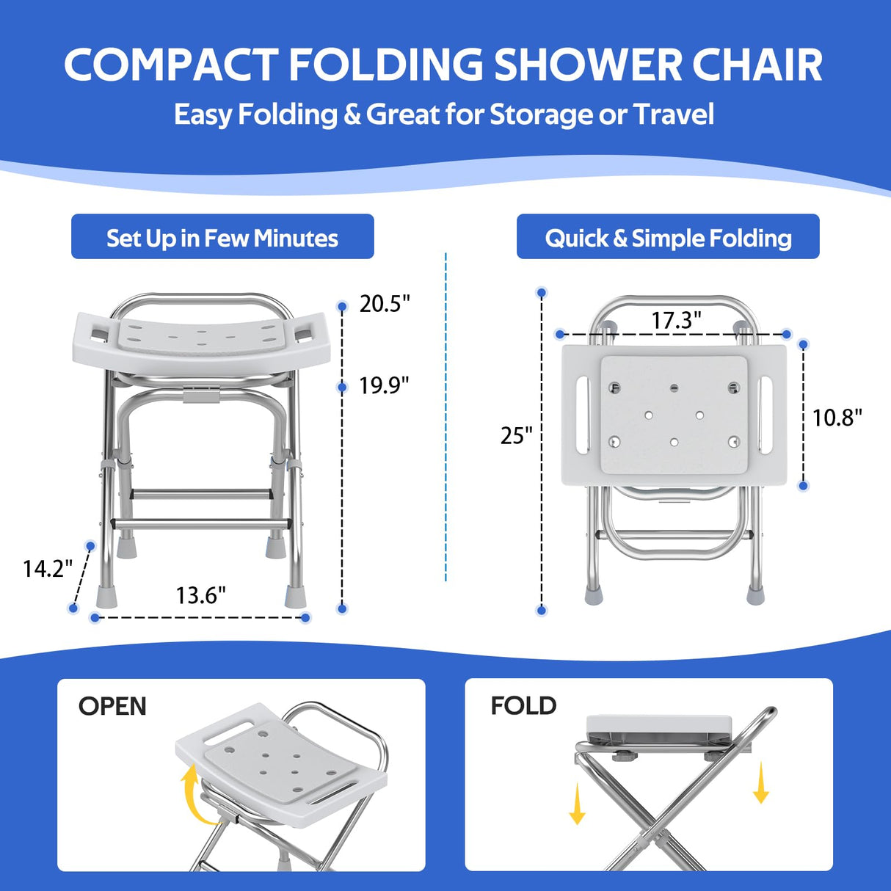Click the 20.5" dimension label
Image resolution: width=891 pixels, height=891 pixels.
[x=384, y=303]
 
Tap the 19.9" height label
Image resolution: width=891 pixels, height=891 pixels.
[x=384, y=385]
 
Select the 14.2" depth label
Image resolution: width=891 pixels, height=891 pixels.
[x=48, y=568]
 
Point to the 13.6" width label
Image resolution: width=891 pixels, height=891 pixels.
[x=200, y=594]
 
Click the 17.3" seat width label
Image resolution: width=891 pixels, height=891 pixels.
[x=676, y=320]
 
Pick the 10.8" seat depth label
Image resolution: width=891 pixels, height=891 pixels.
[x=837, y=418]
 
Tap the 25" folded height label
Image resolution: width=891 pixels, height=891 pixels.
[x=516, y=435]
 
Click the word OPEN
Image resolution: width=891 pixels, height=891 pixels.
[x=112, y=706]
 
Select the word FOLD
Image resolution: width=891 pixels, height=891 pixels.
[x=523, y=706]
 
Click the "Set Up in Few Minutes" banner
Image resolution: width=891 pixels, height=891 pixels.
[x=222, y=237]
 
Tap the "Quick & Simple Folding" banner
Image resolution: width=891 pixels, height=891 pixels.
[x=668, y=237]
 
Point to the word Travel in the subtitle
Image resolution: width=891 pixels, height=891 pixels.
[x=673, y=114]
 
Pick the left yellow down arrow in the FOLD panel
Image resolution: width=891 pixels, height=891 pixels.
[x=578, y=804]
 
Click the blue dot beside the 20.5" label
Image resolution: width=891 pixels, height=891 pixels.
[x=341, y=306]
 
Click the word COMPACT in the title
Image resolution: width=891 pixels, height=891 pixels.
[x=170, y=66]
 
